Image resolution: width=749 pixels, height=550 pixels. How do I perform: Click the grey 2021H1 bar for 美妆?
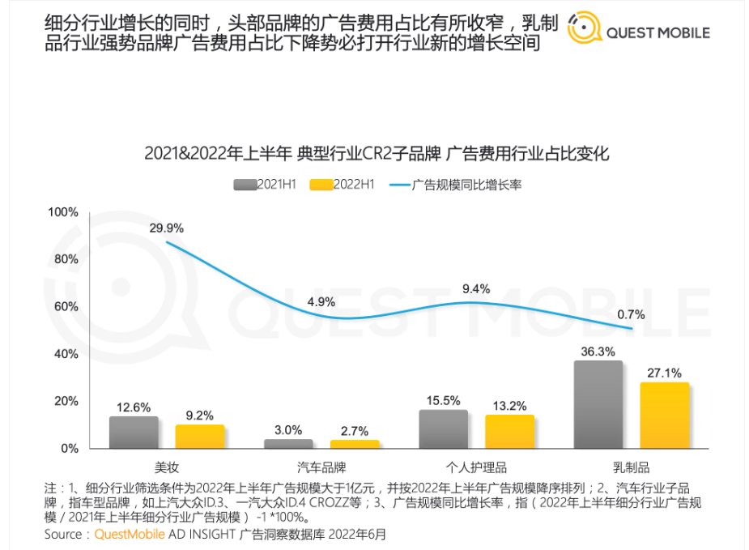point(134,432)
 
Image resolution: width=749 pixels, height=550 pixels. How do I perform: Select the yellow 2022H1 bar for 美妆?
point(200,436)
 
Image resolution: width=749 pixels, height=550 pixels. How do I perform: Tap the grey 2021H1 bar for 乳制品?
point(598,404)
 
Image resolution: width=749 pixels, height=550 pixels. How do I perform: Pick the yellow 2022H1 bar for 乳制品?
point(665,415)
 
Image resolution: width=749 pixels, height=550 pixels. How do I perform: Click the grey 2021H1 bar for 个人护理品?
point(444,428)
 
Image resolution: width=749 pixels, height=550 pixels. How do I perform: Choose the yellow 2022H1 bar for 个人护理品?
point(509,431)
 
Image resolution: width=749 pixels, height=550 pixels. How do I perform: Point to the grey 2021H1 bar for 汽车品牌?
point(288,443)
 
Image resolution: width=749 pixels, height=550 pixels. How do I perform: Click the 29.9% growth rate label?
point(166,228)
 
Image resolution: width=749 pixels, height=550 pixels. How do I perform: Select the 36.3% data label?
point(598,351)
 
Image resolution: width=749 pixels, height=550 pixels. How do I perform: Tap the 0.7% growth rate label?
point(630,314)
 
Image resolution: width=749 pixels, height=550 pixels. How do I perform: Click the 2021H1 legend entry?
point(266,185)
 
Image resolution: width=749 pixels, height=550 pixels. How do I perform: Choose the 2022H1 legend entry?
point(343,185)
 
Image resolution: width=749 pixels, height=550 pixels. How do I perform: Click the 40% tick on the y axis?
point(66,354)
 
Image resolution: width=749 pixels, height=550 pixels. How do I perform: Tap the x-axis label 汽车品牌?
point(321,467)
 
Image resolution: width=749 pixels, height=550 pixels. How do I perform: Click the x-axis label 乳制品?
point(632,467)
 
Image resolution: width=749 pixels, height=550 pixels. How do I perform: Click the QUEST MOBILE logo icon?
point(585,31)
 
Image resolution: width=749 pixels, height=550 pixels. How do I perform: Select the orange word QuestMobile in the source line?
point(130,535)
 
